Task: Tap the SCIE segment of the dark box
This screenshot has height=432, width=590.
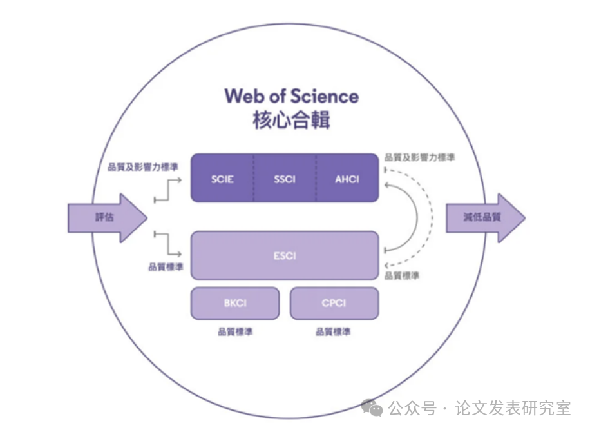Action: click(222, 179)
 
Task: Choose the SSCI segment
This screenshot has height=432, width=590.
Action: click(284, 179)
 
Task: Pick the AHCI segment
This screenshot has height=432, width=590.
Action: click(347, 179)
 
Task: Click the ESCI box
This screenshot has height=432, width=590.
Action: click(284, 255)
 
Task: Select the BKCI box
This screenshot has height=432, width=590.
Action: click(235, 303)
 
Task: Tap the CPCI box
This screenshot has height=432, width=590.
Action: click(334, 303)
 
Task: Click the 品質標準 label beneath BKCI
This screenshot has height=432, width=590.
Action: click(234, 332)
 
